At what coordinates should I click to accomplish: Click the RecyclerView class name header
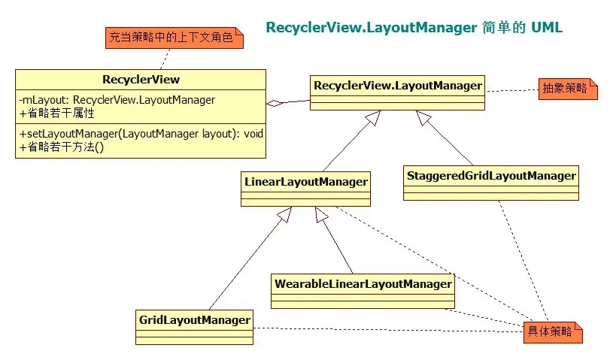141,80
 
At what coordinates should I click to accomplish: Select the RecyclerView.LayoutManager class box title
398,86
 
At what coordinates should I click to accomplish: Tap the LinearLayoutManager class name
305,182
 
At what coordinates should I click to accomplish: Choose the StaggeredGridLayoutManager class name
491,176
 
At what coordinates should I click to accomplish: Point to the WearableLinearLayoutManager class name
363,284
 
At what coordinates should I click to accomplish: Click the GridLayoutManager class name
195,320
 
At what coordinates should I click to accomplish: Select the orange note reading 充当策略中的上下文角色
174,38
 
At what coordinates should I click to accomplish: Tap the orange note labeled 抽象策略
568,89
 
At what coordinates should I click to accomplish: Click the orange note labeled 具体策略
553,332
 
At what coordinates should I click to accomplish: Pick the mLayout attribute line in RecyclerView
117,100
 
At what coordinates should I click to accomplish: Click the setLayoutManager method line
141,134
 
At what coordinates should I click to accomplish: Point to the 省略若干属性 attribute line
56,113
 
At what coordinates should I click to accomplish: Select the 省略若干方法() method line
62,147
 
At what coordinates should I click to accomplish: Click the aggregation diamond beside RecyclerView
274,103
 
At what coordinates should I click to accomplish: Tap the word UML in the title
547,27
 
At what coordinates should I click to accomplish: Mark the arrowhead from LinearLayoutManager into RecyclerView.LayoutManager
373,117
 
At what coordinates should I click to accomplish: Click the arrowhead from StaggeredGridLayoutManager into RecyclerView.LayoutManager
423,117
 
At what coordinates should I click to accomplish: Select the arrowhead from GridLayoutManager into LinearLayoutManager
284,214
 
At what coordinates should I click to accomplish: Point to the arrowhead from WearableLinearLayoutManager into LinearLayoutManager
321,214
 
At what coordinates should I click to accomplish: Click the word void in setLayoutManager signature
253,134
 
